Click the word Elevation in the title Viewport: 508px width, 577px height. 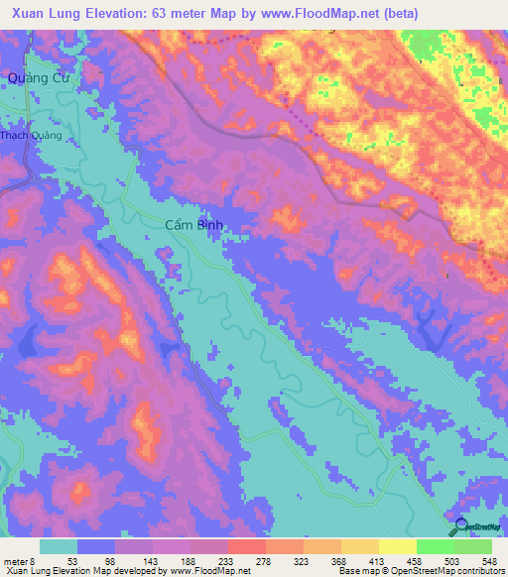111,13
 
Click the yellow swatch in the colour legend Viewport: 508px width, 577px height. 398,547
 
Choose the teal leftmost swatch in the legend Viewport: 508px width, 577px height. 59,547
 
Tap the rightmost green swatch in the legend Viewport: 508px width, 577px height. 473,547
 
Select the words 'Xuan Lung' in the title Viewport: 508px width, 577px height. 37,13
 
